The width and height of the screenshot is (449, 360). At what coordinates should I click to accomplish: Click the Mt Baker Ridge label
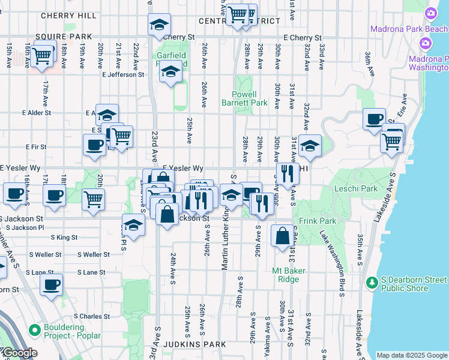coord(289,275)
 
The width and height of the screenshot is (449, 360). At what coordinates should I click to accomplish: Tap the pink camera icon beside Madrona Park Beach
coord(430,13)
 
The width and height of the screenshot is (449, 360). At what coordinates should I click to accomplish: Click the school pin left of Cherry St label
coord(159,25)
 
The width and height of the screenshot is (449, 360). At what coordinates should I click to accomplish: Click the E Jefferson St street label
coord(123,75)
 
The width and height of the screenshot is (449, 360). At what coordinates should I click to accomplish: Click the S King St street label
coord(64,238)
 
